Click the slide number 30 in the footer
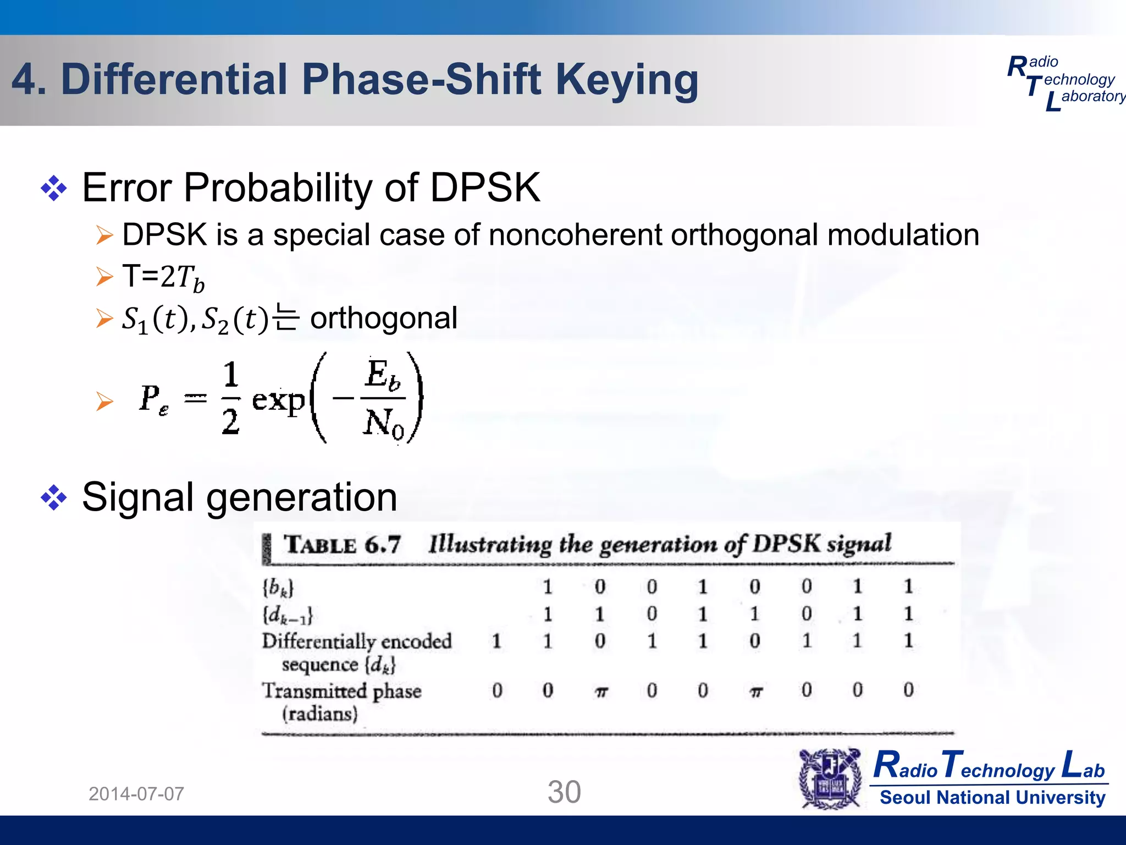click(564, 792)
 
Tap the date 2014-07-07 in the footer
click(136, 794)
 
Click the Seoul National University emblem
click(830, 778)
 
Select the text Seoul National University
click(992, 797)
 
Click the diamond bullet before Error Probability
click(54, 189)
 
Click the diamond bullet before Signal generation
click(54, 498)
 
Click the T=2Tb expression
click(163, 277)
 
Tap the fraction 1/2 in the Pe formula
click(231, 398)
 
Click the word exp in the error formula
click(278, 400)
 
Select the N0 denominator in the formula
click(383, 424)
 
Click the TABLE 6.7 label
click(341, 545)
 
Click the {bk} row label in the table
click(278, 588)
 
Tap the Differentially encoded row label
click(356, 641)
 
